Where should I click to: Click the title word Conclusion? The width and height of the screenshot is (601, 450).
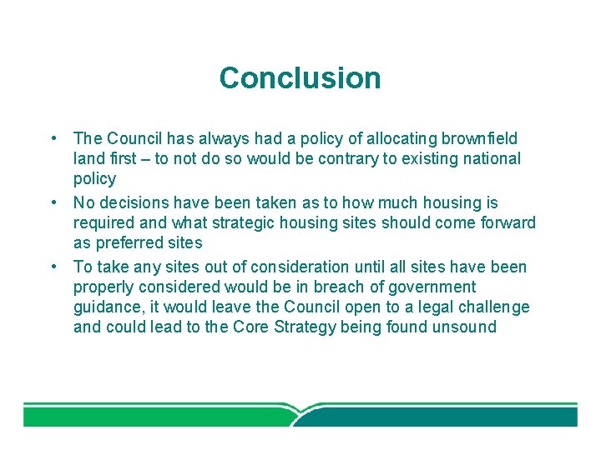[300, 78]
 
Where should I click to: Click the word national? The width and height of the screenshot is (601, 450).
[491, 158]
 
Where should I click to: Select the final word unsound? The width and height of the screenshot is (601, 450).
[463, 327]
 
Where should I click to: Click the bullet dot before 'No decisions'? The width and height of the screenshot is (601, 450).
[53, 202]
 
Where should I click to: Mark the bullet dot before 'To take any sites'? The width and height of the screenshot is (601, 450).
[53, 267]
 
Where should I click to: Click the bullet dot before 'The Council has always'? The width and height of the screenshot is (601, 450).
[53, 138]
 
